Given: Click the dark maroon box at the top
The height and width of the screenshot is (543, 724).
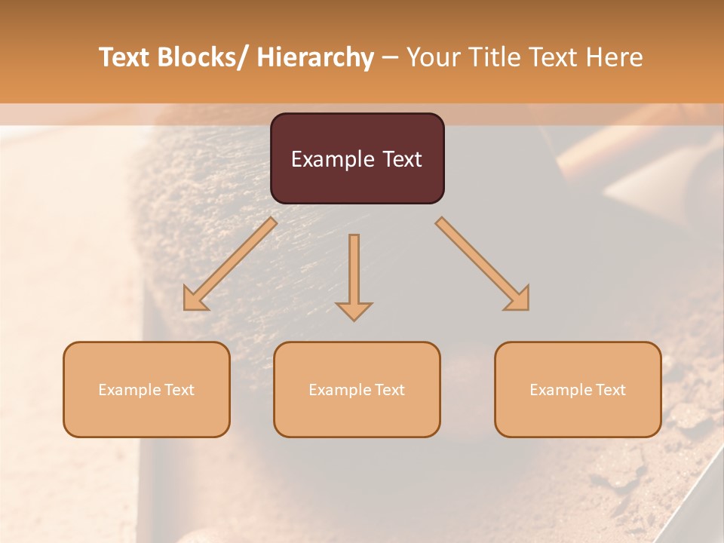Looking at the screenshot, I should pyautogui.click(x=357, y=158).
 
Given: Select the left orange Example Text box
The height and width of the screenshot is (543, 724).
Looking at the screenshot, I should pyautogui.click(x=146, y=389).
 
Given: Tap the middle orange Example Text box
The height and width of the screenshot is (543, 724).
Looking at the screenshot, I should pyautogui.click(x=357, y=389).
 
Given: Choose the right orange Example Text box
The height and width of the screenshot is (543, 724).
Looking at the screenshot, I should pyautogui.click(x=578, y=389).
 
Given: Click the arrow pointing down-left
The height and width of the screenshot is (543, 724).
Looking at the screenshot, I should pyautogui.click(x=230, y=264).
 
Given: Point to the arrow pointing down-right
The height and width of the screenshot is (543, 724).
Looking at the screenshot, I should pyautogui.click(x=483, y=264).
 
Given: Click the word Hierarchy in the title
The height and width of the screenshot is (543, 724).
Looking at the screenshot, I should pyautogui.click(x=315, y=58).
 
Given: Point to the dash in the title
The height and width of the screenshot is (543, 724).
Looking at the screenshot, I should pyautogui.click(x=390, y=58).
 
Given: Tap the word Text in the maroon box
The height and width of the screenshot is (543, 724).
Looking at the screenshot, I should pyautogui.click(x=401, y=159).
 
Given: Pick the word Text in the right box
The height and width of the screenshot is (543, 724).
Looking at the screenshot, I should pyautogui.click(x=610, y=390).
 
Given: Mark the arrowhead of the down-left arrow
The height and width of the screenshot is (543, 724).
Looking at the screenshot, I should pyautogui.click(x=195, y=299).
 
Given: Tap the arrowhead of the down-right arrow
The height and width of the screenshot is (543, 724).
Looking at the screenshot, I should pyautogui.click(x=518, y=299).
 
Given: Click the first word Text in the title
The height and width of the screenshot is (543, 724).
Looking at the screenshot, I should pyautogui.click(x=126, y=58).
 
